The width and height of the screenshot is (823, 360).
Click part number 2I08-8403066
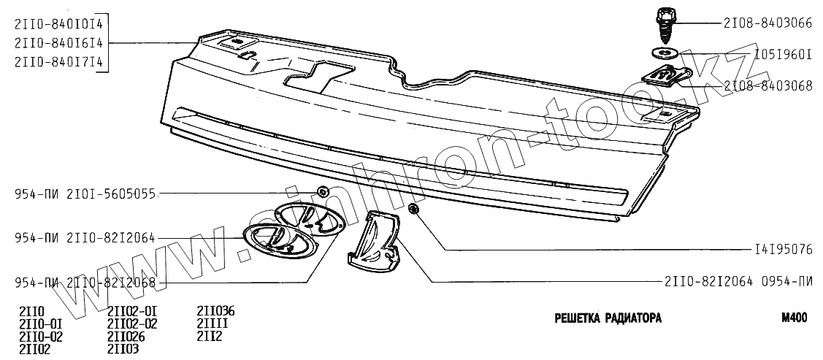point(768,22)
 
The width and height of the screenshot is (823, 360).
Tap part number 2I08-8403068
point(768,85)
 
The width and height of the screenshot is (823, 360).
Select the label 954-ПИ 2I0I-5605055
point(86,194)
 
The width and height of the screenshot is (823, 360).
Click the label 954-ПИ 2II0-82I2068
point(86,283)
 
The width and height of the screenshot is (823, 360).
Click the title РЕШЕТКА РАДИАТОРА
point(608,318)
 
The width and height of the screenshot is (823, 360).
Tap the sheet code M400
point(794,318)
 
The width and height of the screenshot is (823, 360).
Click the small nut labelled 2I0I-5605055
point(322,193)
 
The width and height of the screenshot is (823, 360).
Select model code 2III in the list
point(213,323)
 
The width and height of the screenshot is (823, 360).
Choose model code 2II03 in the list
point(123,349)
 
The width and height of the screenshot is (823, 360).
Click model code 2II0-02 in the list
point(40,337)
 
